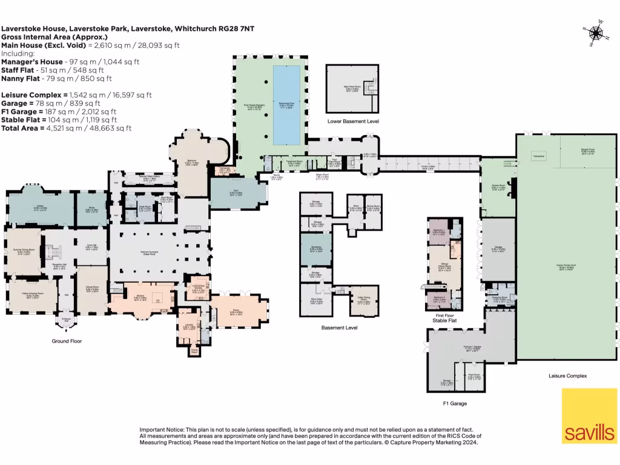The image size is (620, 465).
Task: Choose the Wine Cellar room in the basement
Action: (317, 300)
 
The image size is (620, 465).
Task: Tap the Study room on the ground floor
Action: (92, 209)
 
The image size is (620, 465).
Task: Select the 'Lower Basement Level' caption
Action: (353, 121)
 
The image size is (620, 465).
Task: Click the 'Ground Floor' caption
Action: (67, 341)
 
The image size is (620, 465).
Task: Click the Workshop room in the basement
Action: (317, 249)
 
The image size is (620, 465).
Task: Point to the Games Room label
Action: (498, 188)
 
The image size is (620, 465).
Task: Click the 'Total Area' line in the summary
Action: (67, 128)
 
